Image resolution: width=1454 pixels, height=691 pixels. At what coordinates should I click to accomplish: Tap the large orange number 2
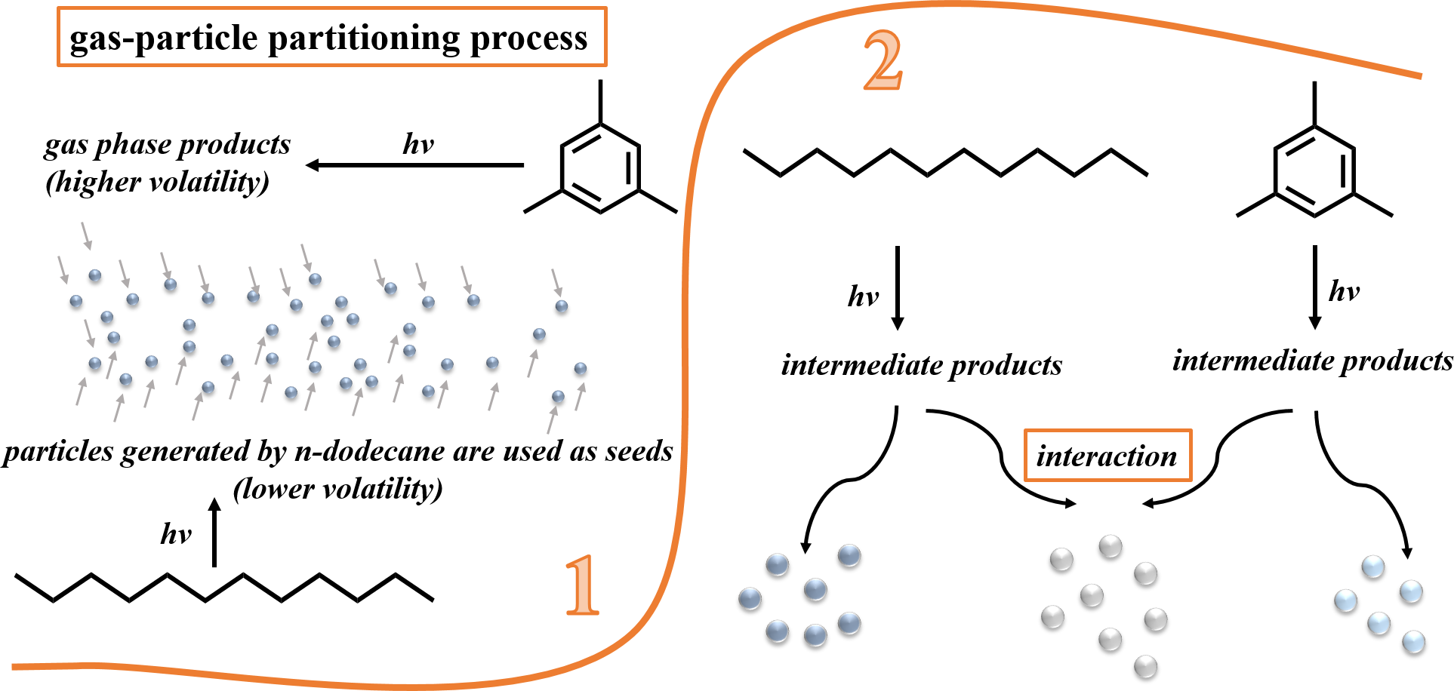(883, 61)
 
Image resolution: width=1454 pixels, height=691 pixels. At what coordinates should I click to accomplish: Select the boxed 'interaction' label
(1107, 456)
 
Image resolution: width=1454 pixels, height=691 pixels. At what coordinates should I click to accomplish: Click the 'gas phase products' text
(167, 144)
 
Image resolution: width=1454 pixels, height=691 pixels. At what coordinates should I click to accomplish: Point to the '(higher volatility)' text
(157, 182)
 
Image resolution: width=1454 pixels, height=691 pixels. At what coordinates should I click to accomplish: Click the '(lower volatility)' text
(337, 489)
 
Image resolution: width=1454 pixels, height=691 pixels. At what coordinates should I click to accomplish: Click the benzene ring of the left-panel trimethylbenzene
(600, 167)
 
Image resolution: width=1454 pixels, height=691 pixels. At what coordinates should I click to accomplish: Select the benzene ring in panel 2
(1314, 171)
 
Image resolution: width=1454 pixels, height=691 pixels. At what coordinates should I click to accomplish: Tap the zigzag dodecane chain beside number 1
(224, 588)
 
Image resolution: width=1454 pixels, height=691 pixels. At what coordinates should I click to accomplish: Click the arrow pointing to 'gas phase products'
(414, 164)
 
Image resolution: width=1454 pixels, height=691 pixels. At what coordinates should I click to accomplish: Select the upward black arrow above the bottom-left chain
(214, 532)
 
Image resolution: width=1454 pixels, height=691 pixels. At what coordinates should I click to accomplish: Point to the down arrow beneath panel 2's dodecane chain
(897, 287)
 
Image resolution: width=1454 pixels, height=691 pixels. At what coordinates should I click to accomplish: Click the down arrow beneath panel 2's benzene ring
(1314, 287)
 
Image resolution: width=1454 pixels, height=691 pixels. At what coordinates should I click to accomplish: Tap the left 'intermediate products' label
(921, 365)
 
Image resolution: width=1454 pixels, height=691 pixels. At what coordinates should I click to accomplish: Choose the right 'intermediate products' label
(1312, 361)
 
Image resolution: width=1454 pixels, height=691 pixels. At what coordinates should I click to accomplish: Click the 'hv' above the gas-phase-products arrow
(418, 143)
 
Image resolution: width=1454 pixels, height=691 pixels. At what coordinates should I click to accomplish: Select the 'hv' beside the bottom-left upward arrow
(176, 534)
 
